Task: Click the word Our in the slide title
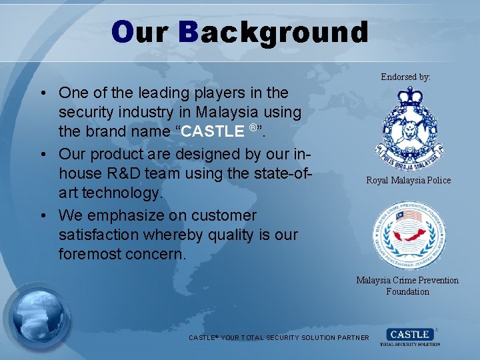tap(139, 32)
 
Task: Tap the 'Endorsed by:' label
tap(405, 77)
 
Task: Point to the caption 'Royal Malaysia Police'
tap(408, 180)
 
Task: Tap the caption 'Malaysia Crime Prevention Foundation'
tap(407, 285)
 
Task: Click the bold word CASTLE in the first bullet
tap(212, 131)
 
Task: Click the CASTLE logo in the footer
tap(410, 336)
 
